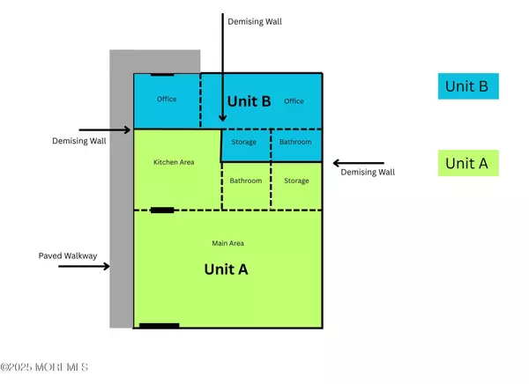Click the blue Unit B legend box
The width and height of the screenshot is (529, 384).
pyautogui.click(x=469, y=86)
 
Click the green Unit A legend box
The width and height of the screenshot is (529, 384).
pyautogui.click(x=469, y=163)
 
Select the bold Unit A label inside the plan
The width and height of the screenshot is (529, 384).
pyautogui.click(x=226, y=270)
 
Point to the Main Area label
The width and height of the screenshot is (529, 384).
pyautogui.click(x=227, y=243)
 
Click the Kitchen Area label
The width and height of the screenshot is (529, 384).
pyautogui.click(x=174, y=162)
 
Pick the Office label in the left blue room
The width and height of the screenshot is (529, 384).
pyautogui.click(x=167, y=100)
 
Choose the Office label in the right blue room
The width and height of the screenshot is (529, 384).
pyautogui.click(x=294, y=101)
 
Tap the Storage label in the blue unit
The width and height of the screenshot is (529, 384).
pyautogui.click(x=244, y=142)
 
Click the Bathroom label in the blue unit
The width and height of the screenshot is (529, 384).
pyautogui.click(x=294, y=142)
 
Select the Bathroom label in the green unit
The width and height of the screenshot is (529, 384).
pyautogui.click(x=246, y=181)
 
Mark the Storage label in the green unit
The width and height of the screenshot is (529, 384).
pyautogui.click(x=296, y=181)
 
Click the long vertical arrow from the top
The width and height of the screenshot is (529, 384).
pyautogui.click(x=221, y=75)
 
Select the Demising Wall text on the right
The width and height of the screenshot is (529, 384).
pyautogui.click(x=368, y=173)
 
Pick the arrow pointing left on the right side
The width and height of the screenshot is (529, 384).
pyautogui.click(x=358, y=162)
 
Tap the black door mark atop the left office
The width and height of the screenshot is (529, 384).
pyautogui.click(x=161, y=74)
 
